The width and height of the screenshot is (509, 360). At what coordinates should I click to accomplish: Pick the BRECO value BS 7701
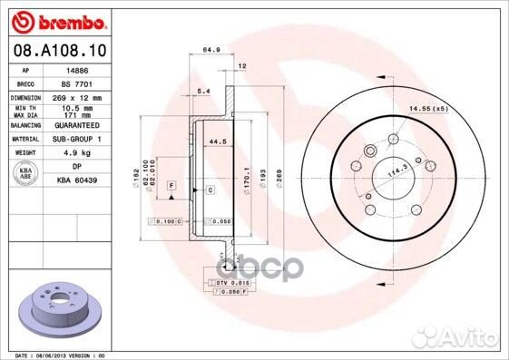coord(72,83)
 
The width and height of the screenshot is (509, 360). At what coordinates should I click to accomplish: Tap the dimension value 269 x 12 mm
coord(76,96)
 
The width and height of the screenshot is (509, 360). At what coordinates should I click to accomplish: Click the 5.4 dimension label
coord(203,92)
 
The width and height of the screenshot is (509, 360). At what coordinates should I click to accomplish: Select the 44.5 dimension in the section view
coord(217,141)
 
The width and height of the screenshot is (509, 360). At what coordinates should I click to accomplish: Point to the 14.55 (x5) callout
coord(428,109)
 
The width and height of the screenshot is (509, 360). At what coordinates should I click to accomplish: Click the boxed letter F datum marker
coord(170,186)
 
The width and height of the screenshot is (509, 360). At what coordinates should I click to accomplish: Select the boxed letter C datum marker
coord(209,190)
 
